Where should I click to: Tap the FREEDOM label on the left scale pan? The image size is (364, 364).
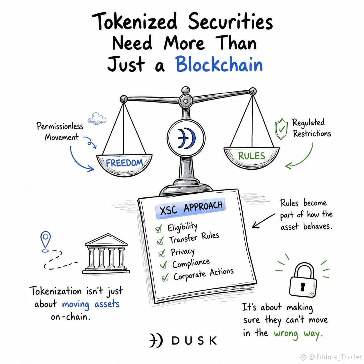pos(124,163)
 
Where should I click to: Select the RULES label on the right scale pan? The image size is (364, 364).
pos(251,156)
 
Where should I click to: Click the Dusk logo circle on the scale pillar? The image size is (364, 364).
pos(186,138)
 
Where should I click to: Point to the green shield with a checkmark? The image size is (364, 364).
pos(281,129)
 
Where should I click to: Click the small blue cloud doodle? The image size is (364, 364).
pos(97,118)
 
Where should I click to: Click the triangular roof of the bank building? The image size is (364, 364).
pos(106,240)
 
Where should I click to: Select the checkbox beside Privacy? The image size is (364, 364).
pos(162,253)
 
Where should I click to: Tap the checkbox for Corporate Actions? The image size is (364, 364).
pos(165,277)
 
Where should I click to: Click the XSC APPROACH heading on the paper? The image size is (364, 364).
pos(191,208)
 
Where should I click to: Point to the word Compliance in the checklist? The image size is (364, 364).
pos(191,264)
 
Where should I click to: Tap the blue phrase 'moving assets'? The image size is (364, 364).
pos(91,304)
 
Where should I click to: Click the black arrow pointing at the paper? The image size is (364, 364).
pos(263,221)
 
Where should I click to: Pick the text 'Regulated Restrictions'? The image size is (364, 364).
pos(311,128)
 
